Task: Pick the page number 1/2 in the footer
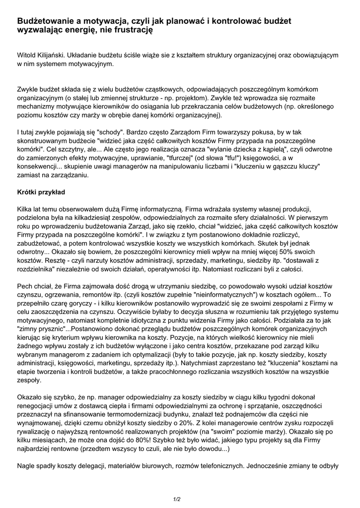pos(177,499)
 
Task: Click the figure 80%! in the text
pos(136,439)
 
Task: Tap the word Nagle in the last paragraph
pos(26,466)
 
